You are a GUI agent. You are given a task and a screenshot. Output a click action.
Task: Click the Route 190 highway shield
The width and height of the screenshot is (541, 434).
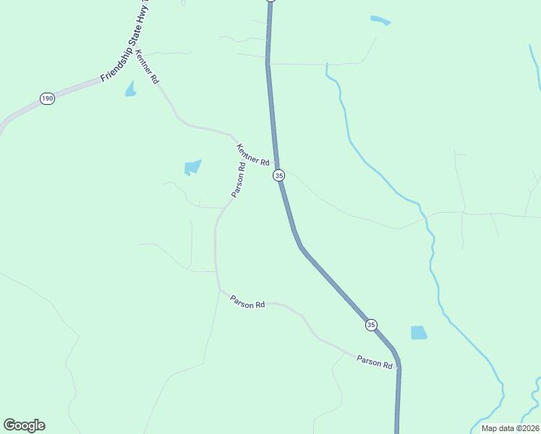point(47,98)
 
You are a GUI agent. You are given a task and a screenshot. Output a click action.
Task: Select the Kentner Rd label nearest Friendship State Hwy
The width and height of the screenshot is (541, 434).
point(147,67)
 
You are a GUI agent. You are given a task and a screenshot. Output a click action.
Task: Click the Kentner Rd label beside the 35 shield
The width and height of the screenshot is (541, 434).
point(252,153)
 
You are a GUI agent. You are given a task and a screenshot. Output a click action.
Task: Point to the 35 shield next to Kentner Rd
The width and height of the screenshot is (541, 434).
point(279,176)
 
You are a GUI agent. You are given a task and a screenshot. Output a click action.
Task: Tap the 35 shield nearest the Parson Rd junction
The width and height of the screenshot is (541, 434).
point(371,325)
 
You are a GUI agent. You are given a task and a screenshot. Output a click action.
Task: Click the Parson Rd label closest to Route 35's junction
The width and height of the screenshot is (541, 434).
point(374,361)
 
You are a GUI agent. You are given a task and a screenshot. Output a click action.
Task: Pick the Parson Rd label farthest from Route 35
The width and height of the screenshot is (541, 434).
point(247,302)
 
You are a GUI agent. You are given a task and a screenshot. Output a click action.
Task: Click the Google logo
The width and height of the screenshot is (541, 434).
point(25,425)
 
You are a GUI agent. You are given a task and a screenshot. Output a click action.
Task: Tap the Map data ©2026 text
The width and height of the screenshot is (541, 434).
point(509,428)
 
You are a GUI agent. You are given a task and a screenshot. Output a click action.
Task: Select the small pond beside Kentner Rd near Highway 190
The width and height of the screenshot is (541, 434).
point(130,89)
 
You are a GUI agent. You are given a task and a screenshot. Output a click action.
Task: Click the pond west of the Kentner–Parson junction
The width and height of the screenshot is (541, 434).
point(192,168)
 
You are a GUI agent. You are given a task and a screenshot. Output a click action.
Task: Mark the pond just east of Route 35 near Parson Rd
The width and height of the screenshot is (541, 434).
point(419,333)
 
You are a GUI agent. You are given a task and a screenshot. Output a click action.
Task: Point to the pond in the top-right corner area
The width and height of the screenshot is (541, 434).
point(380,20)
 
